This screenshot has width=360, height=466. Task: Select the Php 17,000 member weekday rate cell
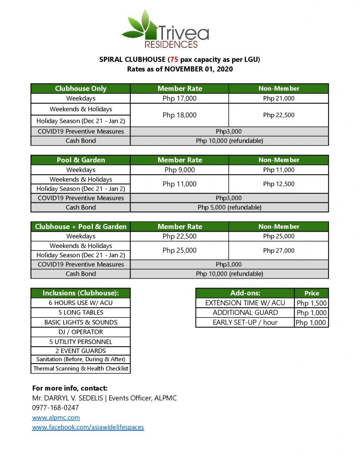click(x=179, y=98)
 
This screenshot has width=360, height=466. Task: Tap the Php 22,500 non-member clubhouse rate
click(x=279, y=115)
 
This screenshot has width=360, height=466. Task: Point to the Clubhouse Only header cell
click(x=81, y=89)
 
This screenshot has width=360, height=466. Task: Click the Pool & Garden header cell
click(x=81, y=160)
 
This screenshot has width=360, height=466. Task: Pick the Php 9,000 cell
click(x=179, y=170)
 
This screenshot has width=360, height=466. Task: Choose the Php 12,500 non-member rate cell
click(x=279, y=184)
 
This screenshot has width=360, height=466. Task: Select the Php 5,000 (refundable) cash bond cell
click(x=229, y=208)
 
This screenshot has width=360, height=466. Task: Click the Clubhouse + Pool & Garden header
click(x=81, y=227)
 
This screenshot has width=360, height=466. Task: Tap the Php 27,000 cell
click(x=279, y=250)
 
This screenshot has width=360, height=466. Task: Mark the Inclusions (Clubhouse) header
click(x=81, y=293)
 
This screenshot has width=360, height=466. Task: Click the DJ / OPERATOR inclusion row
click(x=81, y=332)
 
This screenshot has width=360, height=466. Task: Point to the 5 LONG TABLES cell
click(x=81, y=313)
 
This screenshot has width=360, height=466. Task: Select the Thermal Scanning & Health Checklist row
click(x=81, y=369)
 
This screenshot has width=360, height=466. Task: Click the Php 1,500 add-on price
click(x=311, y=303)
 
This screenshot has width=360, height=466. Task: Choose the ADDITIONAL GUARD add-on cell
click(x=245, y=313)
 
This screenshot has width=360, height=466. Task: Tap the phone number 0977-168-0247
click(x=55, y=408)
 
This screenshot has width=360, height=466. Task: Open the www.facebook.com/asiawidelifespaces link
click(x=88, y=427)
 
